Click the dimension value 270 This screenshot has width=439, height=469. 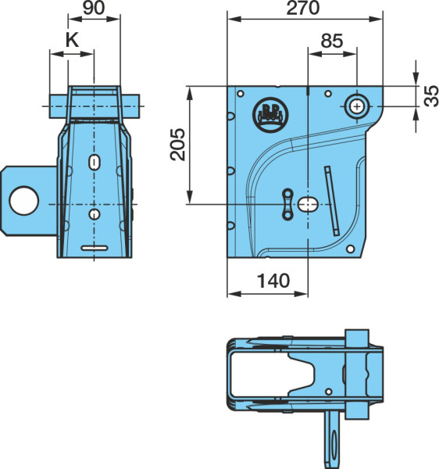pyautogui.click(x=303, y=8)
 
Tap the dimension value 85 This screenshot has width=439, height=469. pyautogui.click(x=332, y=41)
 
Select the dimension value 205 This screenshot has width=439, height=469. pyautogui.click(x=178, y=145)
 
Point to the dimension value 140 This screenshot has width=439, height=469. pyautogui.click(x=273, y=281)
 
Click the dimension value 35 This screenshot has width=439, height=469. pyautogui.click(x=431, y=95)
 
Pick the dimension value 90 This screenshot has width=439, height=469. pyautogui.click(x=94, y=8)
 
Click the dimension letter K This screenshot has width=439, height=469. pyautogui.click(x=72, y=40)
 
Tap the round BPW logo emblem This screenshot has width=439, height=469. pyautogui.click(x=270, y=114)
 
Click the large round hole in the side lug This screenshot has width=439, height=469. pyautogui.click(x=24, y=201)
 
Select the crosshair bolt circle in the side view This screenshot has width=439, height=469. pyautogui.click(x=357, y=106)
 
